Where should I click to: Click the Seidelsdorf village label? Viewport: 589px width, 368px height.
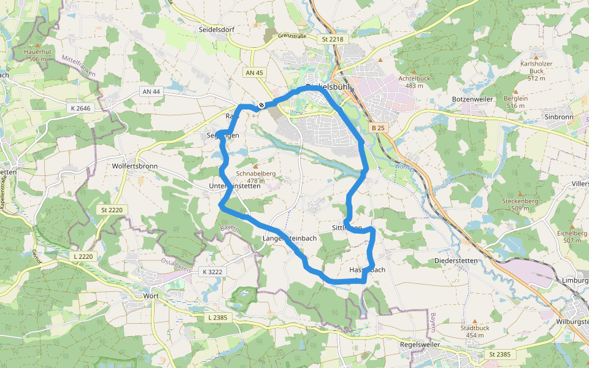pos(217,29)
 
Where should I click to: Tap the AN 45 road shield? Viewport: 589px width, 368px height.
pos(254,72)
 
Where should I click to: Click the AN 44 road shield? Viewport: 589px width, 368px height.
pos(150,91)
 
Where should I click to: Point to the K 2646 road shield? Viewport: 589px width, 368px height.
pos(80,108)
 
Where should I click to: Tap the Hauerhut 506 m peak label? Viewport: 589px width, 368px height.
pos(37,55)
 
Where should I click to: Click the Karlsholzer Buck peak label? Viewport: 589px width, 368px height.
pos(532,71)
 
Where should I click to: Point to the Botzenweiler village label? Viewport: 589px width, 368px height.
pos(472,99)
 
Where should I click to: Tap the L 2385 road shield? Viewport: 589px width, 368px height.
pos(218,317)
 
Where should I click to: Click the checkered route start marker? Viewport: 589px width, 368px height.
pos(261,105)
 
